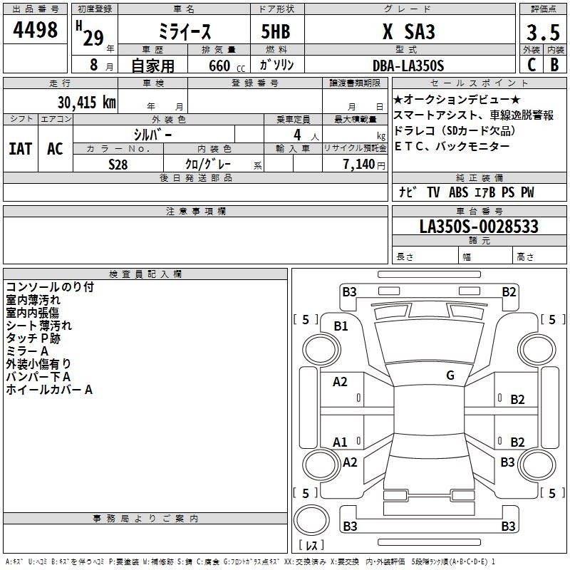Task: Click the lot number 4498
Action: point(35,29)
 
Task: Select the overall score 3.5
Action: point(543,32)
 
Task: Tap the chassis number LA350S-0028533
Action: point(479,227)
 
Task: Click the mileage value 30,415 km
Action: point(86,102)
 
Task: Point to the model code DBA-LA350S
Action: point(408,66)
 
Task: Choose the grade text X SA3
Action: point(408,31)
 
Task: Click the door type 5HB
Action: point(276,31)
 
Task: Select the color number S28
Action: point(118,165)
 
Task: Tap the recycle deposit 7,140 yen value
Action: point(364,165)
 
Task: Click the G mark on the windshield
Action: point(450,375)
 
